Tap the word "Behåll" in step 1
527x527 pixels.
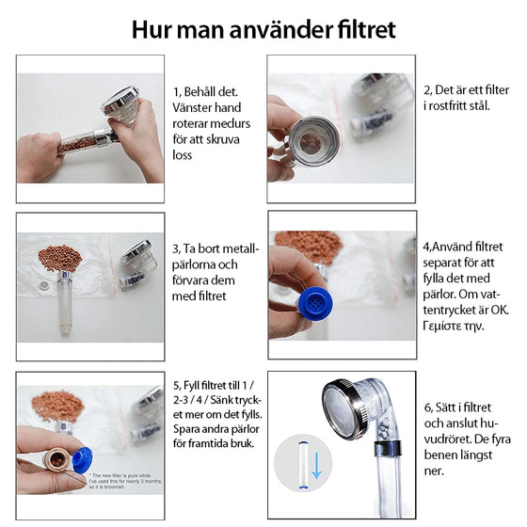coord(208,92)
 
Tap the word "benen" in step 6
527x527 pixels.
coord(441,455)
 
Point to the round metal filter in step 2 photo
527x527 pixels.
coord(315,139)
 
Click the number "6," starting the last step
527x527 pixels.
coord(429,407)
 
